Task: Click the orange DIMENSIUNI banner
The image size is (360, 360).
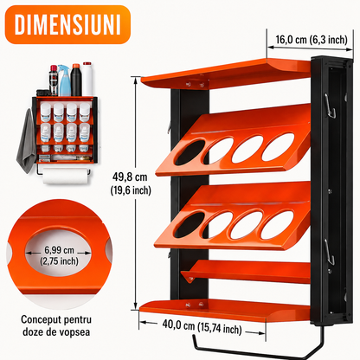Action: [67, 24]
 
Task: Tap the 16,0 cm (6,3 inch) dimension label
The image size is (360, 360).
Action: [312, 40]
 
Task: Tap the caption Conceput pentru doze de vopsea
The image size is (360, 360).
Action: [56, 325]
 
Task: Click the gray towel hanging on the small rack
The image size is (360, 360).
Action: [27, 141]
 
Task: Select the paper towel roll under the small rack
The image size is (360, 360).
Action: [66, 176]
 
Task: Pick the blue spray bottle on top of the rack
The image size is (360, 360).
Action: [64, 80]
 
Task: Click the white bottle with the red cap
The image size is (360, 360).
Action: [87, 79]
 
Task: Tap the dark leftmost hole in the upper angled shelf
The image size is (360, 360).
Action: [190, 151]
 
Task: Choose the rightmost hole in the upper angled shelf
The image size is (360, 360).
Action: [278, 146]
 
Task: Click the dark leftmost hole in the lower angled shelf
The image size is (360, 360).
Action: [189, 225]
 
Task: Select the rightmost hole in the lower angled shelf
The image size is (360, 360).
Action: [277, 225]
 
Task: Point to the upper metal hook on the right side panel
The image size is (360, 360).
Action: [330, 106]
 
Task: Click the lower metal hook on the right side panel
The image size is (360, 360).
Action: [330, 253]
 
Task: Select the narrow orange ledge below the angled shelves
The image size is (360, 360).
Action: [245, 271]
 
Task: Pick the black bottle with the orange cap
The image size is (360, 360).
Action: [76, 80]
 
